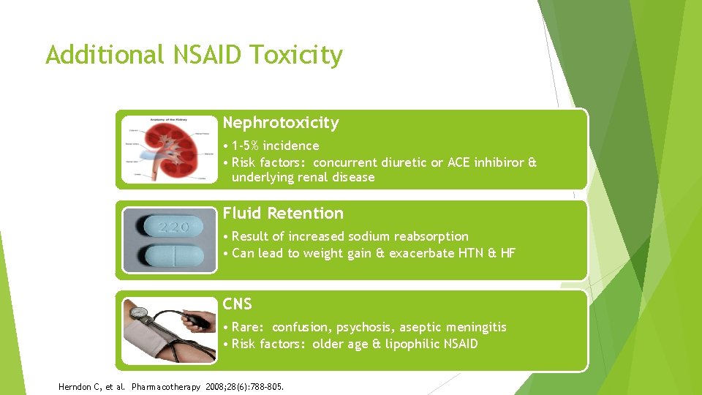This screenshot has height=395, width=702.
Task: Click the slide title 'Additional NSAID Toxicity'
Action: click(194, 55)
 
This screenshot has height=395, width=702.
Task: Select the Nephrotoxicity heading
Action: click(281, 123)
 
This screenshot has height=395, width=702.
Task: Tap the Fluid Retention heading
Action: click(283, 214)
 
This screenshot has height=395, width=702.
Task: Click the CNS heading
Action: click(238, 304)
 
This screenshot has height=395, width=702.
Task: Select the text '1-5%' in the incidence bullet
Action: click(248, 146)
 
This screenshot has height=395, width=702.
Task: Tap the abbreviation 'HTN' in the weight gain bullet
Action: click(478, 253)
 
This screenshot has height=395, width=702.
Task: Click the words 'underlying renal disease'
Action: click(303, 178)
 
